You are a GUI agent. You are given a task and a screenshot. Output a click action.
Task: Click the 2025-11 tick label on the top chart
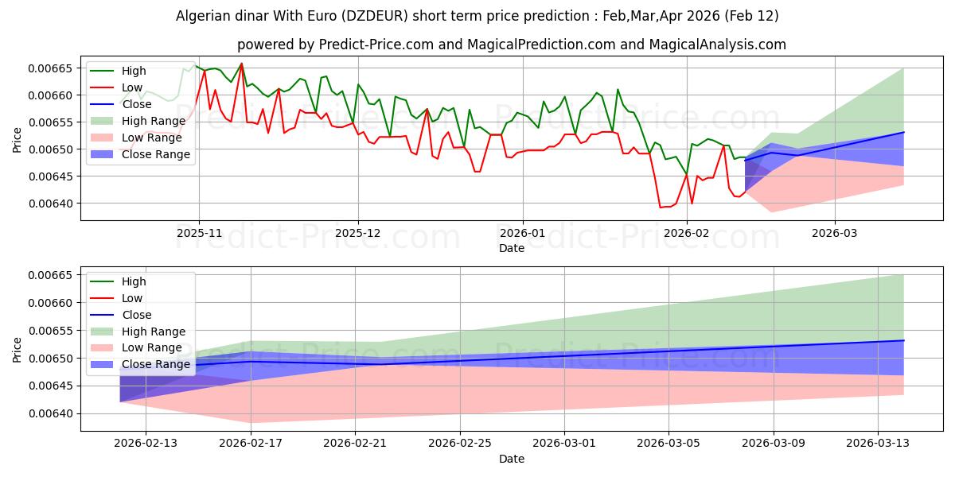click(x=199, y=234)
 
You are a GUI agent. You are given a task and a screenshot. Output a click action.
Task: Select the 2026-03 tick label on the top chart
click(x=835, y=234)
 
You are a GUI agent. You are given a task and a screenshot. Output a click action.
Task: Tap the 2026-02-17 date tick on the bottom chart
click(x=251, y=444)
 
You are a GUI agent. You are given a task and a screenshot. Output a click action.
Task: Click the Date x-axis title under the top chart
click(x=512, y=248)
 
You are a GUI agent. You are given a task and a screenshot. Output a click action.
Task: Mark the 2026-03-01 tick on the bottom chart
click(x=565, y=444)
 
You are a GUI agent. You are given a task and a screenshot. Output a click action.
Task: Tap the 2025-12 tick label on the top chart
click(x=359, y=234)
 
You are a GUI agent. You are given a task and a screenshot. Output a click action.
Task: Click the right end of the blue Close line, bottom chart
click(x=904, y=340)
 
